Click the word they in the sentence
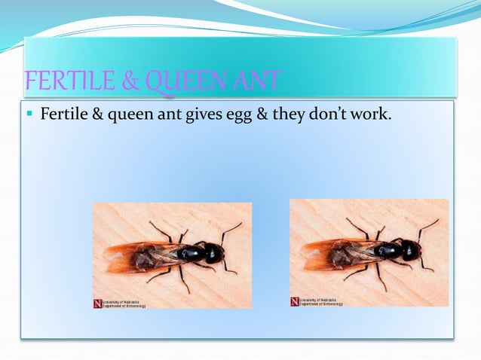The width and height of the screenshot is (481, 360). coord(289,115)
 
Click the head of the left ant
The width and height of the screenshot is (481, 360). coord(215,255)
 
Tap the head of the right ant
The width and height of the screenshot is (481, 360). coord(412,250)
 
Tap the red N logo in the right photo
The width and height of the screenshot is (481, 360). coord(294,301)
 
